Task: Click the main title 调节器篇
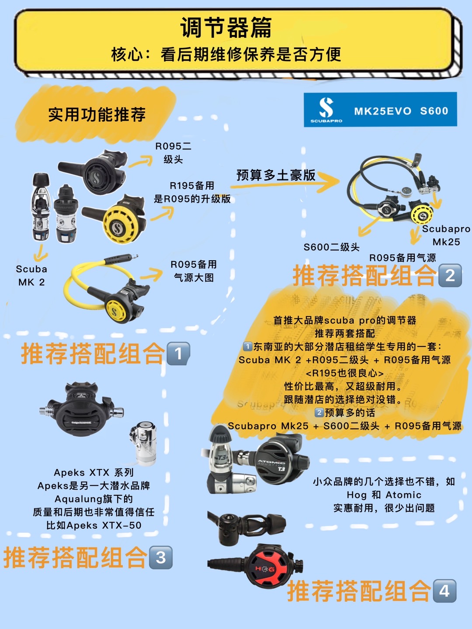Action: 226,28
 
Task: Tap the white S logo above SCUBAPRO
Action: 326,107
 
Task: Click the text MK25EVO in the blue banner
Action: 382,111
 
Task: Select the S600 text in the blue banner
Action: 434,111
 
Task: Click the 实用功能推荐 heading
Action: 97,115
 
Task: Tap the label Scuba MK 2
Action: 31,276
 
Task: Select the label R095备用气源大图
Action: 194,271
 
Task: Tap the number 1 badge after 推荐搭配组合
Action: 178,354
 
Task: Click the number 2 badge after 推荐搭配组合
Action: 450,276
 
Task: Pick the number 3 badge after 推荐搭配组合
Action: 161,558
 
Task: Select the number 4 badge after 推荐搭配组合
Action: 444,591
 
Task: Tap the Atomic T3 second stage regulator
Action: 280,463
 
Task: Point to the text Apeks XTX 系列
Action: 94,473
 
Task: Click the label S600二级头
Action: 331,247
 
